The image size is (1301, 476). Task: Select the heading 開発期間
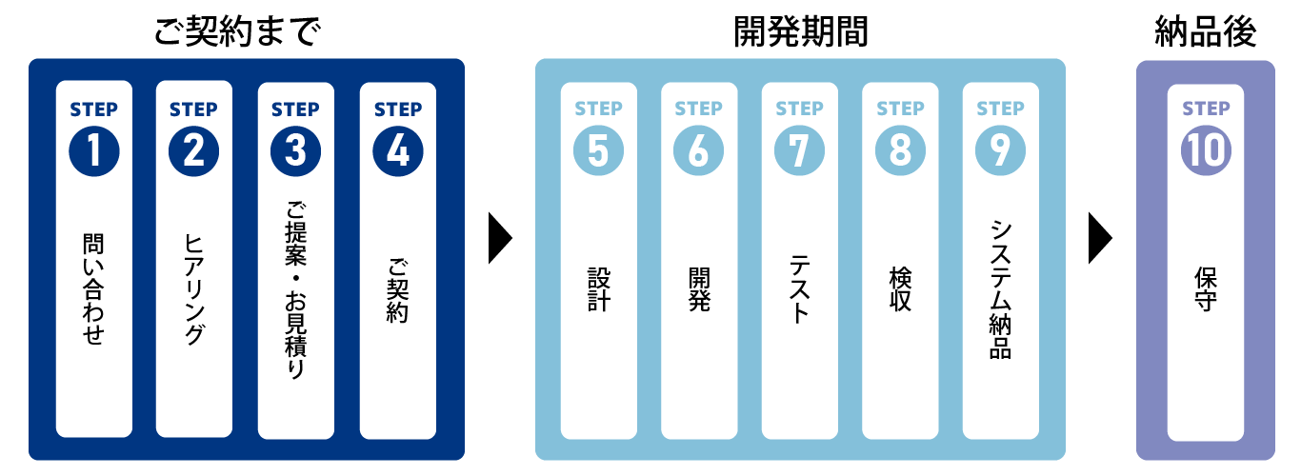[x=800, y=30]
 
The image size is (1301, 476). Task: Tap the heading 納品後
[x=1205, y=30]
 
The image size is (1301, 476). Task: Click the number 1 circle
[x=93, y=152]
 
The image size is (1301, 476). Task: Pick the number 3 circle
[x=295, y=152]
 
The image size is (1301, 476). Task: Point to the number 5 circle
[x=598, y=152]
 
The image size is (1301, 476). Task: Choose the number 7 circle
[x=799, y=152]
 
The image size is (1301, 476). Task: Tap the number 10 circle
[x=1206, y=152]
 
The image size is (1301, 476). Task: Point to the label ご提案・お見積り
[x=295, y=291]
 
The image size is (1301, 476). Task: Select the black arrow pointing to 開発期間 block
[x=500, y=237]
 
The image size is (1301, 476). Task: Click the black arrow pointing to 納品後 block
[x=1100, y=237]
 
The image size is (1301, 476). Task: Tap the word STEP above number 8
[x=900, y=109]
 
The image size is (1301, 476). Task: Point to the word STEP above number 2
[x=194, y=109]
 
